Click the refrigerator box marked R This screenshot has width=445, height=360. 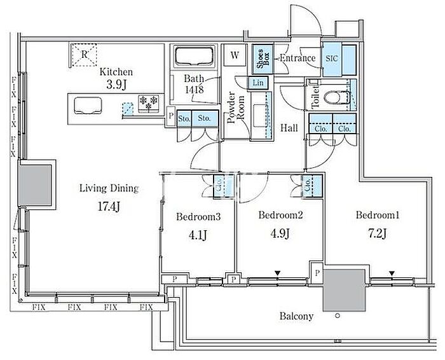[84, 55]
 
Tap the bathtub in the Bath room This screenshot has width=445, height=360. [195, 56]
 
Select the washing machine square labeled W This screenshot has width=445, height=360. [235, 55]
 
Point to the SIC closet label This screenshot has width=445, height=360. [332, 59]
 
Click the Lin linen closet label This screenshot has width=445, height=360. [258, 83]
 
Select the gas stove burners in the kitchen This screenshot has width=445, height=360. [149, 103]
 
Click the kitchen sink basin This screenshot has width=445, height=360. [88, 106]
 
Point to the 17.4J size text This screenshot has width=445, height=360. [109, 207]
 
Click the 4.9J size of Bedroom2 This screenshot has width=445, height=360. [280, 233]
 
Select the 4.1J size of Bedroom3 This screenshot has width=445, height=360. [198, 235]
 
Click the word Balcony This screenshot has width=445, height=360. [297, 316]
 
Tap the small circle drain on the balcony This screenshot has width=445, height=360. [338, 315]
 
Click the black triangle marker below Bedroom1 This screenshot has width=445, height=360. [392, 273]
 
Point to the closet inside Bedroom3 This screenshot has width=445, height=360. [224, 186]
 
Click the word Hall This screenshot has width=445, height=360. [289, 128]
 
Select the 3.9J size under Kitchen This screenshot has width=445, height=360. [116, 85]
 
